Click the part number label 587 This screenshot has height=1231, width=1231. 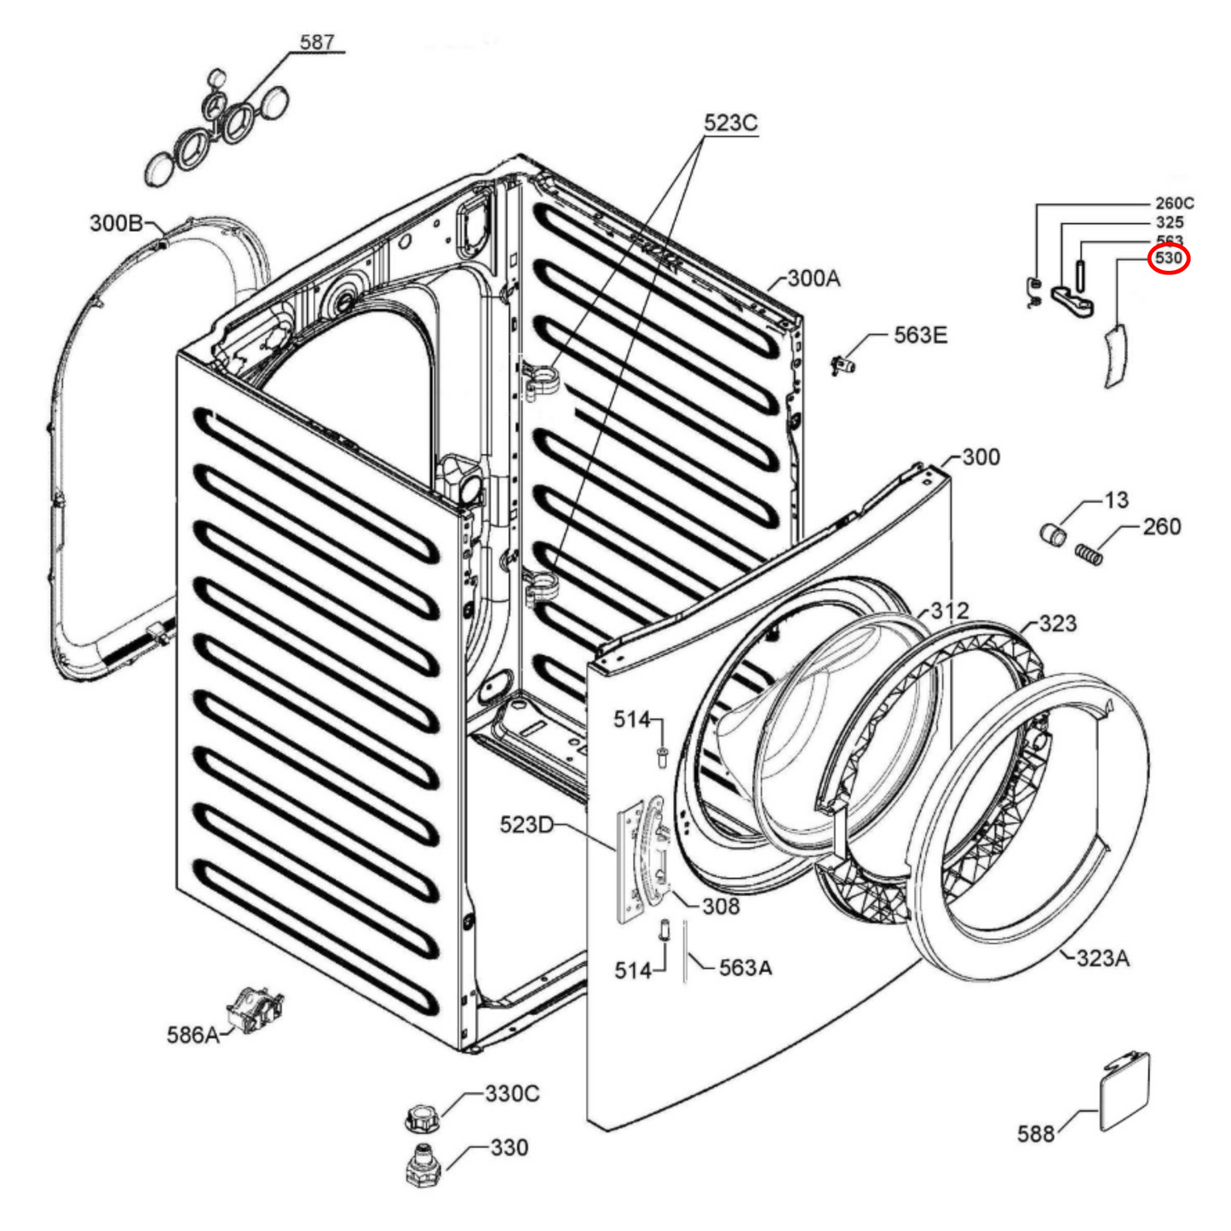pos(317,42)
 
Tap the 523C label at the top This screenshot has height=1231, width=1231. pos(730,124)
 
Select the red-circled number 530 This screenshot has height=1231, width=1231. pos(1168,257)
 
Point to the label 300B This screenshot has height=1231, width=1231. pos(117,223)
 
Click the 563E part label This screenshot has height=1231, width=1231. pos(920,336)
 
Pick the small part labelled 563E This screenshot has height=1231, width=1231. pos(843,365)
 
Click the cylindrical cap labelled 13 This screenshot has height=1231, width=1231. pos(1054,534)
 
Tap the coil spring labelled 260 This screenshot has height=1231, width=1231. pos(1090,554)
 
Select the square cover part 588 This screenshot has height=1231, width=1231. pos(1125,1091)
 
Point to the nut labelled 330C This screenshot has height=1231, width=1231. pos(419,1117)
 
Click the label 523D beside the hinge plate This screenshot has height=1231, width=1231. pos(526,825)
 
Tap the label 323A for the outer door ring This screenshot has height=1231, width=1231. pos(1102,958)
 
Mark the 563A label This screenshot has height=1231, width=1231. pos(745,968)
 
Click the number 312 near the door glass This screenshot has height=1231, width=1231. pos(949,611)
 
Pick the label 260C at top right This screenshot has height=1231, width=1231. pos(1174,204)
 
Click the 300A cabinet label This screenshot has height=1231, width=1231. pos(814,279)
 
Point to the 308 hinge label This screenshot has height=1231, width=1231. pos(721,906)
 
